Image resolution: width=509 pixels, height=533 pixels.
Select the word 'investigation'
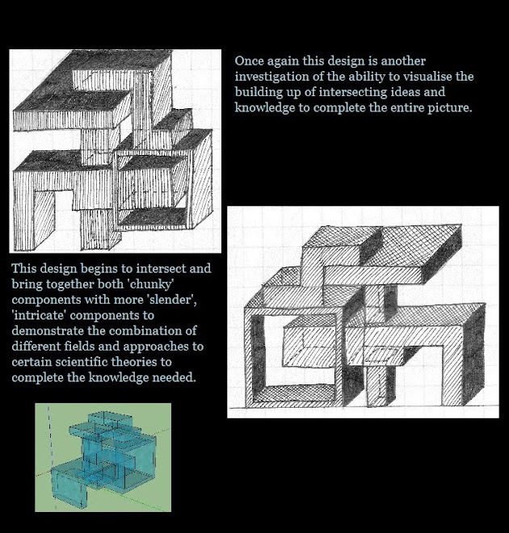click(272, 77)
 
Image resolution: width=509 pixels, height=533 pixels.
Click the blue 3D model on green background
click(90, 456)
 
